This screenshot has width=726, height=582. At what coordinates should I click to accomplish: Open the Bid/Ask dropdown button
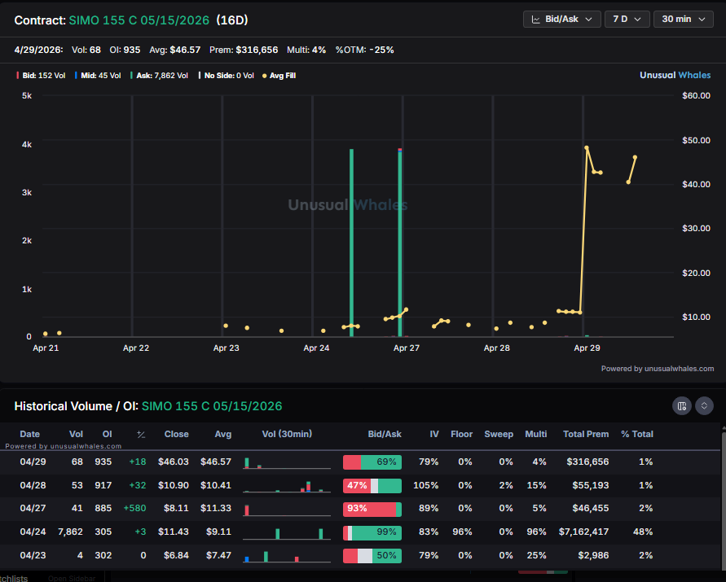(561, 19)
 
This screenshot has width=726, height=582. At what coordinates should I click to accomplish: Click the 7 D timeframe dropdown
(626, 19)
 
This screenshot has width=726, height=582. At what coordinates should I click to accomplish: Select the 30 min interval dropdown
(683, 19)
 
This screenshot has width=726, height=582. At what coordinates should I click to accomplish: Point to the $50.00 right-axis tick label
(696, 140)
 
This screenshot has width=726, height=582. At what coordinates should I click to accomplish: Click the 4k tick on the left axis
(26, 145)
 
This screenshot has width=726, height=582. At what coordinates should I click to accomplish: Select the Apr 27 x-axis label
(406, 348)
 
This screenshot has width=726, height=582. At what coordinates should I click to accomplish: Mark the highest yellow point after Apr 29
(587, 148)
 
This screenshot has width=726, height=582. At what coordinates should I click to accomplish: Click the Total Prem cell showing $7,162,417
(585, 532)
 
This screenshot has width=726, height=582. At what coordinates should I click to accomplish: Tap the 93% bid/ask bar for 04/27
(372, 509)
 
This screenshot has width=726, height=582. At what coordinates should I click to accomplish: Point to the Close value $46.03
(174, 462)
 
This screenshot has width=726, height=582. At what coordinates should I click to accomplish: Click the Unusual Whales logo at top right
(675, 75)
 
